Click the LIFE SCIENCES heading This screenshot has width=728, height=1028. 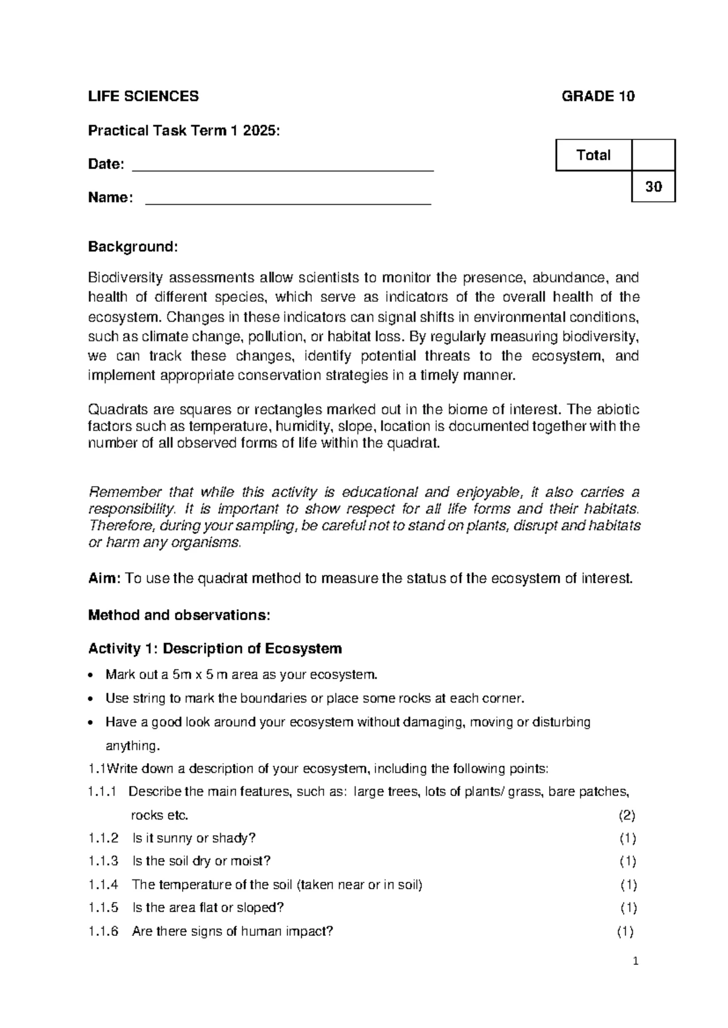(x=143, y=96)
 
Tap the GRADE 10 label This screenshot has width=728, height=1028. (x=598, y=96)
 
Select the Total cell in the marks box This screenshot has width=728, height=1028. (x=593, y=155)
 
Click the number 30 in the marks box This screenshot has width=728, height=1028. (x=653, y=187)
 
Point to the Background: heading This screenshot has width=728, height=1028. (x=133, y=247)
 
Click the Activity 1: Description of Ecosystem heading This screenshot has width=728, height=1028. (x=215, y=649)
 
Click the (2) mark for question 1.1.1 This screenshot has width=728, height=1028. (x=627, y=815)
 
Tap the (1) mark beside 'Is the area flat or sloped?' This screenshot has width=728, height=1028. (x=628, y=908)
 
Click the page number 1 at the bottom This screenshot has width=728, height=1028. (x=636, y=961)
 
